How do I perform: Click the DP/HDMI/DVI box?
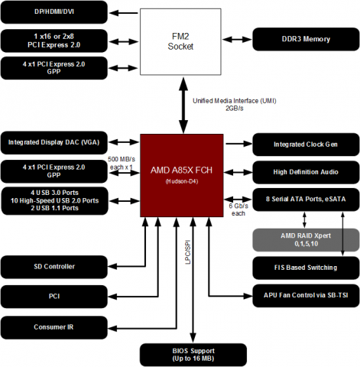54,13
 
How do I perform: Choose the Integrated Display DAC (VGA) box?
54,142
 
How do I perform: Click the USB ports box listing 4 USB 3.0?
54,200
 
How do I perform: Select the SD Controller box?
54,267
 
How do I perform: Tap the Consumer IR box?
54,328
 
